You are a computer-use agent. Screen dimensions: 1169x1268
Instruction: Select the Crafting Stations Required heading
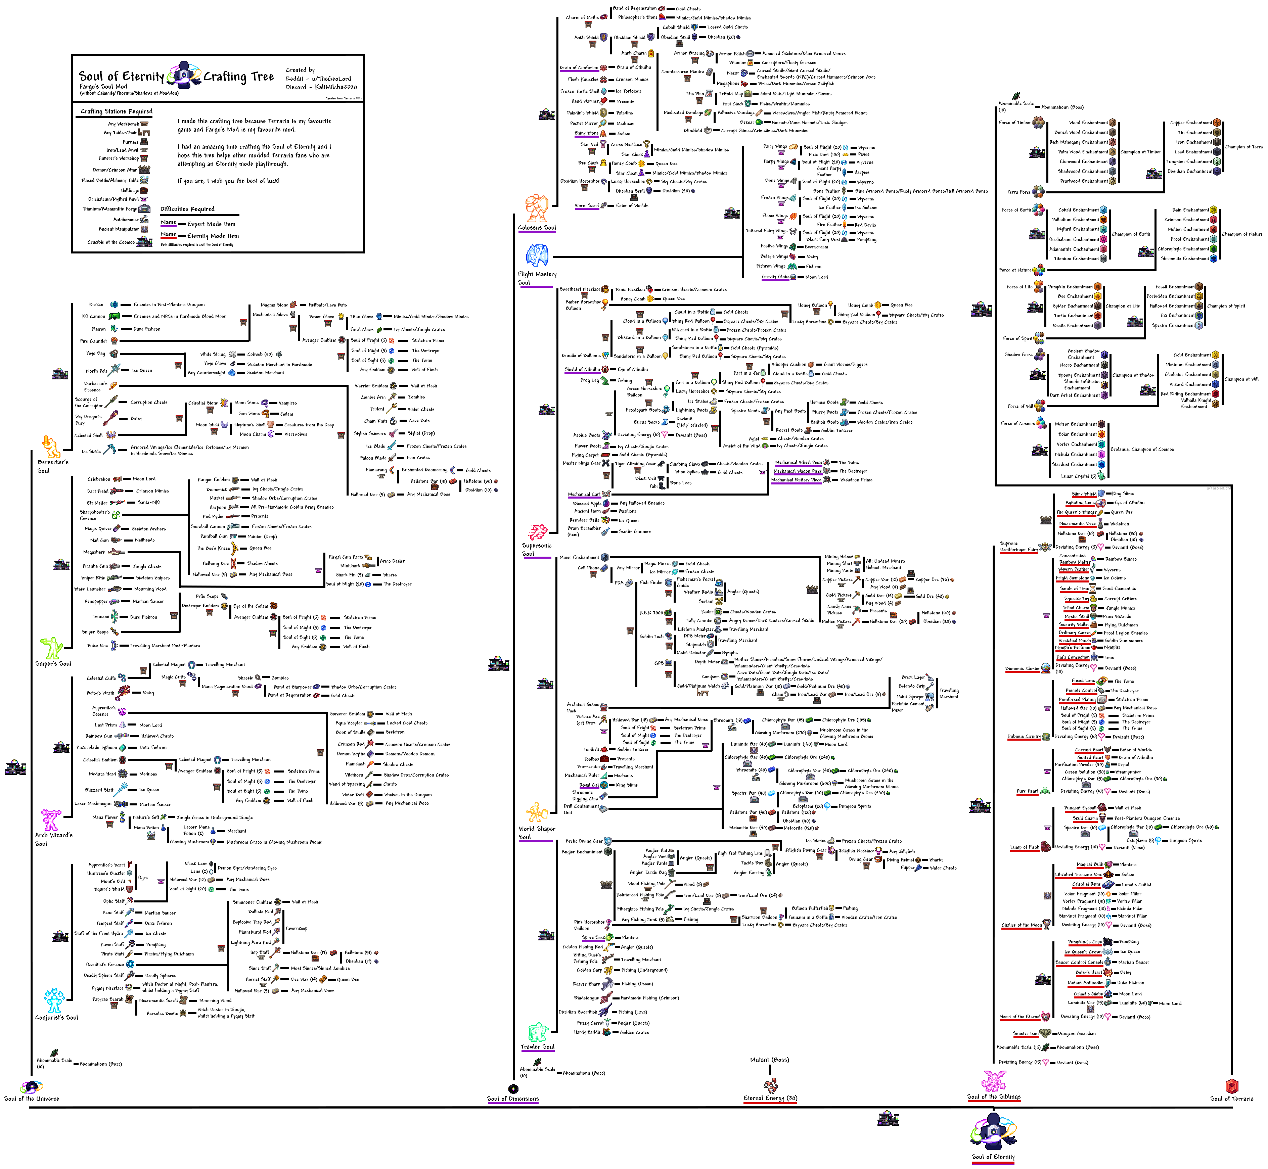pos(117,111)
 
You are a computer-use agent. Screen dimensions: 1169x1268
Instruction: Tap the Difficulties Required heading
pos(187,209)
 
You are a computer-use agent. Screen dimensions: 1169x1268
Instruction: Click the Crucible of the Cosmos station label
pos(111,242)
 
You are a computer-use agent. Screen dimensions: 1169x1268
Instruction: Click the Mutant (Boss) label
pos(769,1060)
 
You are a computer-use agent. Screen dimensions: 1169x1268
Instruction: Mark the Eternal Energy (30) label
pos(770,1098)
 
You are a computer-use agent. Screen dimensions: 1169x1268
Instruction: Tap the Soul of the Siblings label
pos(993,1097)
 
